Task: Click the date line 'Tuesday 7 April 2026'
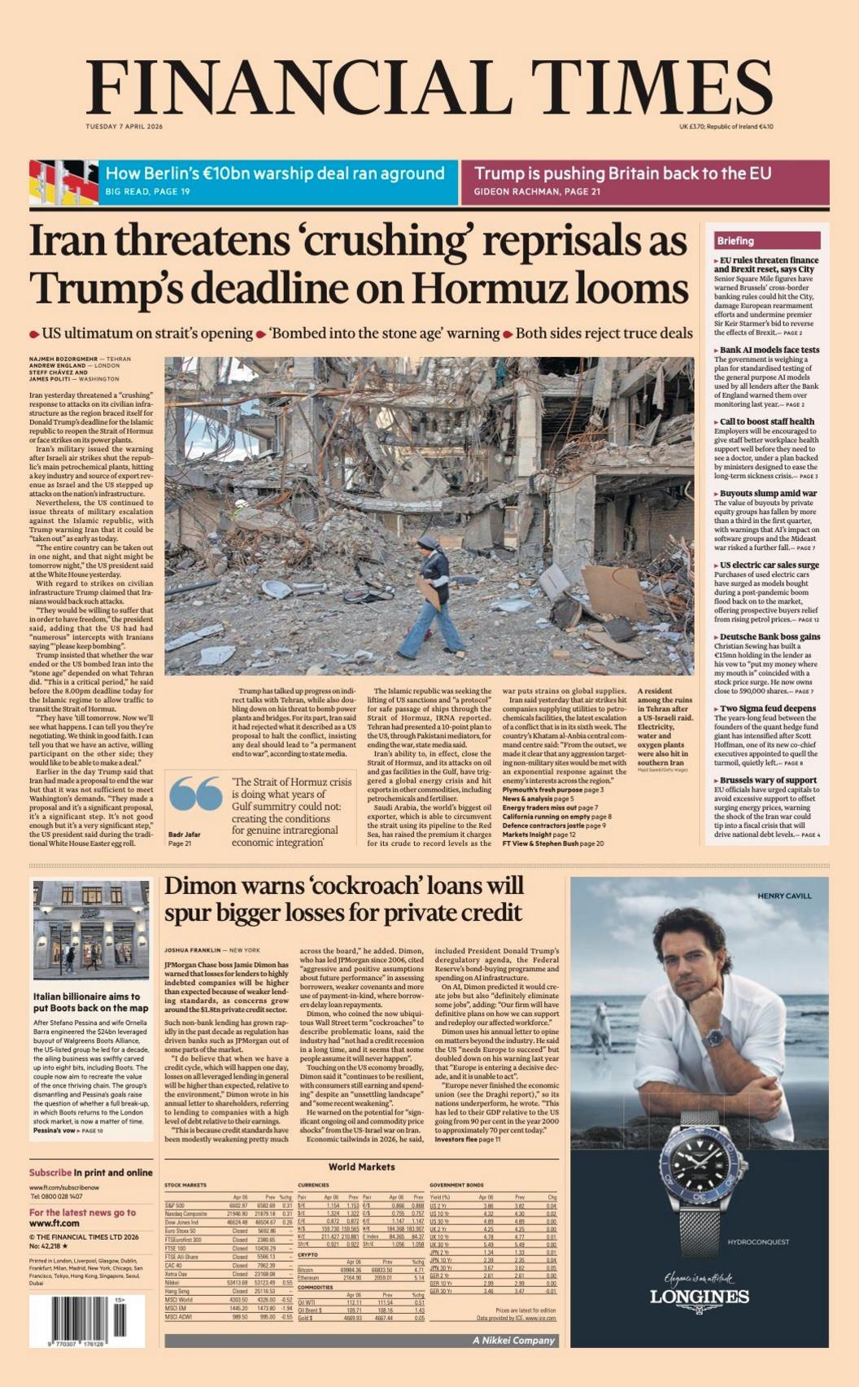(124, 126)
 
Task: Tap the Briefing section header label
(735, 241)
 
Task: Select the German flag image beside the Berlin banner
(63, 182)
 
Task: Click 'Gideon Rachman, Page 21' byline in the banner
(537, 192)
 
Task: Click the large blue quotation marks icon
(196, 794)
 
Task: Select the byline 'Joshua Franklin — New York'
(211, 950)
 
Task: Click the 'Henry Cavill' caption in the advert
(784, 896)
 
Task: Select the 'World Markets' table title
(361, 1167)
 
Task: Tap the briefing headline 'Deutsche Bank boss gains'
(770, 637)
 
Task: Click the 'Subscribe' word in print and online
(50, 1172)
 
